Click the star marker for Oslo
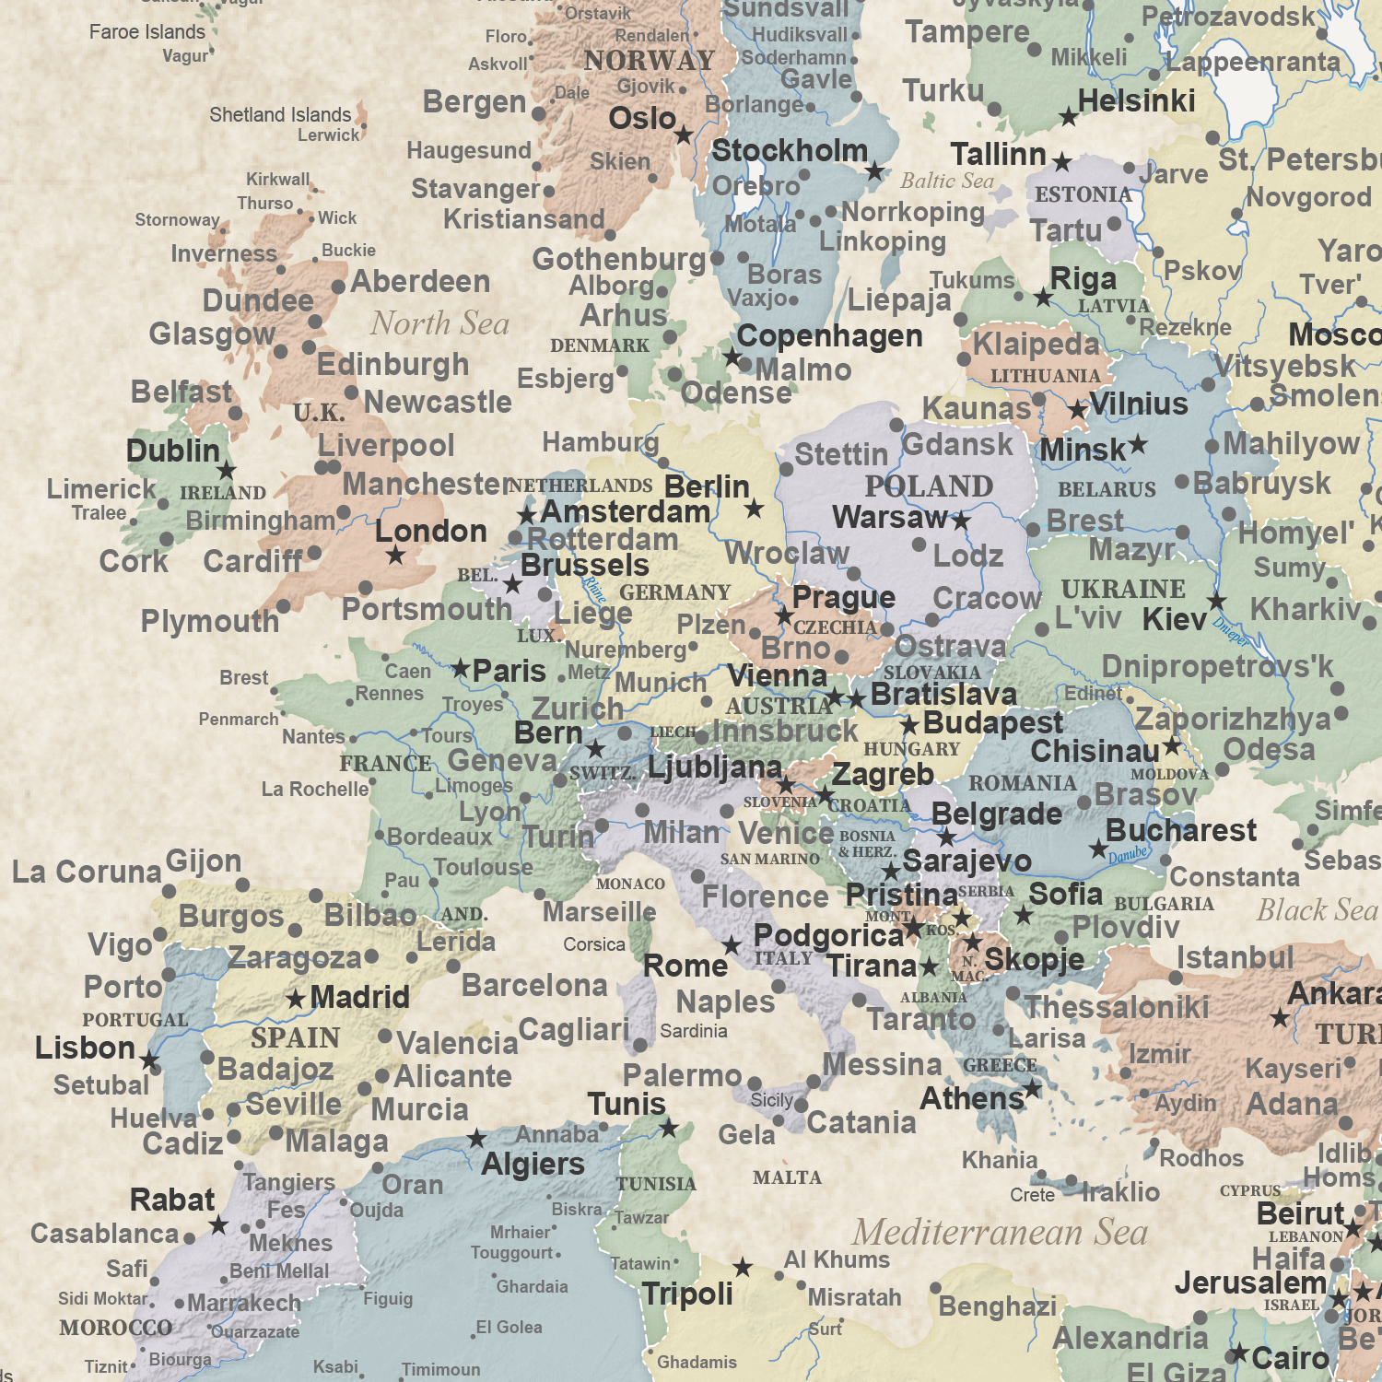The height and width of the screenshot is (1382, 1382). click(684, 136)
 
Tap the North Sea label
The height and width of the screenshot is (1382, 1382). click(439, 323)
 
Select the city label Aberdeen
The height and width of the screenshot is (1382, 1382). click(420, 282)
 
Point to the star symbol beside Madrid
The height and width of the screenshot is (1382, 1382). click(296, 1000)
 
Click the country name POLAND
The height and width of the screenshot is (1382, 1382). click(928, 486)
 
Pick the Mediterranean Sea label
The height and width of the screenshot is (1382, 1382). click(1000, 1233)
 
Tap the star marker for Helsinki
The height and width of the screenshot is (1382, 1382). click(1068, 117)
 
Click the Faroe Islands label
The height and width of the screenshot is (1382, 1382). click(147, 32)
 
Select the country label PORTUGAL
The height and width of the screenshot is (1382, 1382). click(135, 1020)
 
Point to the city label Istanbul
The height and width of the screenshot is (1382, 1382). click(1235, 958)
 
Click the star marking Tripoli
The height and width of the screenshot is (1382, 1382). click(743, 1268)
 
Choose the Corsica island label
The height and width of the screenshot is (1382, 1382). click(594, 944)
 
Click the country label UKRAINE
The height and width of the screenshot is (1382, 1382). click(1123, 589)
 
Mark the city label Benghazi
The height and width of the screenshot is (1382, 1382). click(998, 1306)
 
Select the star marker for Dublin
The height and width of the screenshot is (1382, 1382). click(227, 471)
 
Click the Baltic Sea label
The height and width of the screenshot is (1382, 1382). click(947, 181)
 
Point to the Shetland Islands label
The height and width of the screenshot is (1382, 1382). click(280, 115)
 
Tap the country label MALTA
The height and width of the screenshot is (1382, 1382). click(787, 1177)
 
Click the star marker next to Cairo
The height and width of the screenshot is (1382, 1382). click(1239, 1353)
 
